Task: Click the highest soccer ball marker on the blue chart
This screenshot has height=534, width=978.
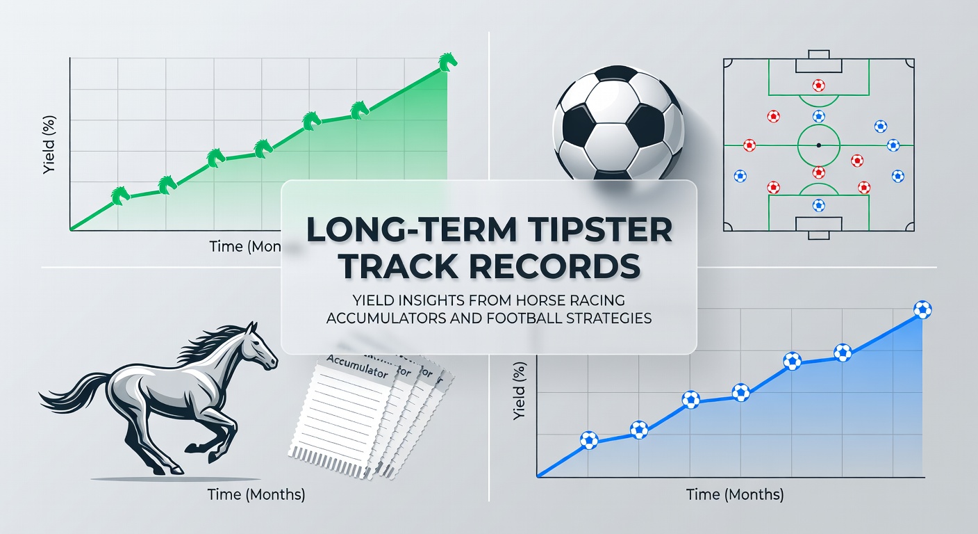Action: click(x=922, y=309)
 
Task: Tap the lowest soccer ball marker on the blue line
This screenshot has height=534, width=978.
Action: click(x=588, y=439)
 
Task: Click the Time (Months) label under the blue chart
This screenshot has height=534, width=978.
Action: click(x=735, y=495)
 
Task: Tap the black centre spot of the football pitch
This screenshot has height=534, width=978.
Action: click(x=818, y=145)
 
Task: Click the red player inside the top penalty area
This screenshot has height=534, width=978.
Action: click(x=818, y=86)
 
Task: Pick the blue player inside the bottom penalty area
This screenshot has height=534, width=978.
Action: click(x=818, y=205)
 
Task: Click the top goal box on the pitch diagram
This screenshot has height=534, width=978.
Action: click(x=818, y=65)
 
